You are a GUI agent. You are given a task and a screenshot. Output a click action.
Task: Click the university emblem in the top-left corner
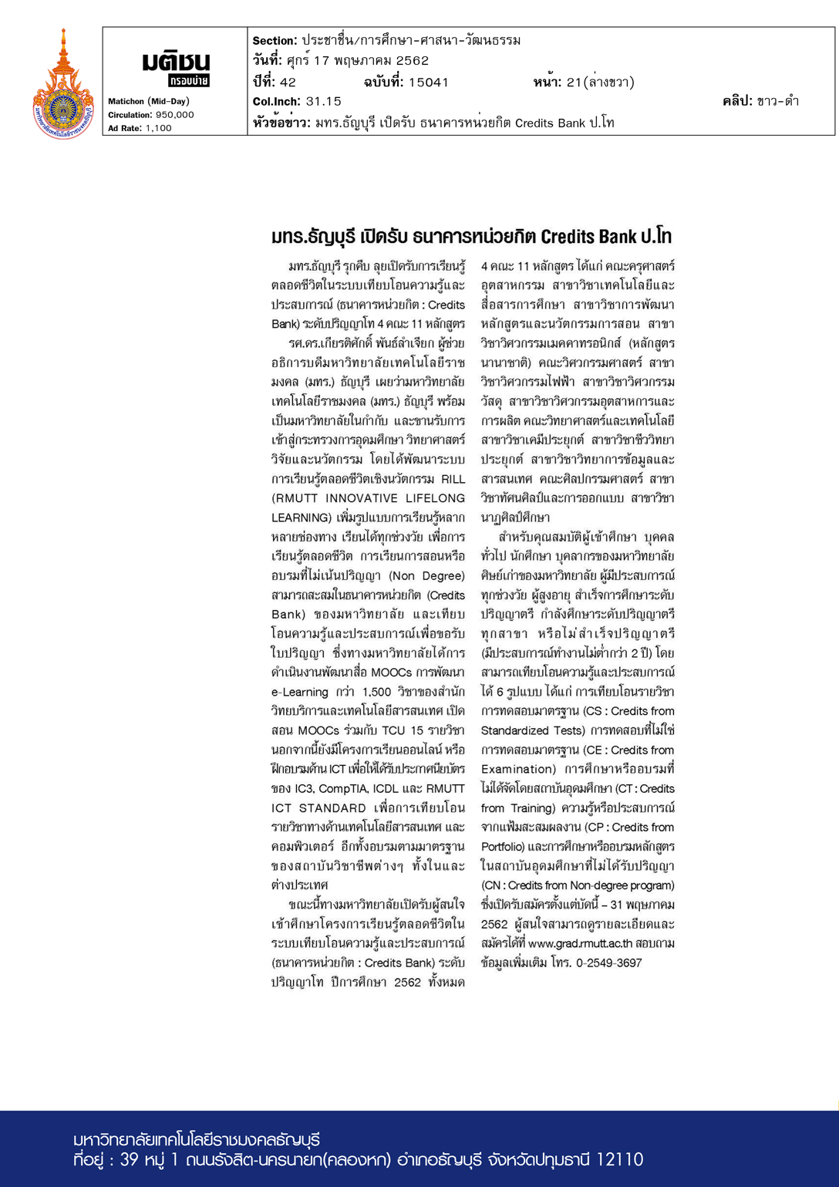[x=63, y=85]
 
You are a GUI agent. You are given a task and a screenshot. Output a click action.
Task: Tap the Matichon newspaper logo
[x=176, y=68]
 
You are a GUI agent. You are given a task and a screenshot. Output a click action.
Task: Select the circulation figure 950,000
[x=175, y=115]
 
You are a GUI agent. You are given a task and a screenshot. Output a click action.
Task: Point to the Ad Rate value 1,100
[x=159, y=128]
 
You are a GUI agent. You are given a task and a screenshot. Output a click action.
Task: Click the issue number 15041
[x=429, y=82]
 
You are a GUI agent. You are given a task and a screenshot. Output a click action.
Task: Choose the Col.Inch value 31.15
[x=324, y=101]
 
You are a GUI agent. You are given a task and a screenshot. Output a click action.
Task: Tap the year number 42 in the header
[x=288, y=82]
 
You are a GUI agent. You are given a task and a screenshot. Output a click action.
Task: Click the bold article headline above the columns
[x=471, y=236]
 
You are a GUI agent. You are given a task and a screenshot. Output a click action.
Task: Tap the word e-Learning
[x=300, y=692]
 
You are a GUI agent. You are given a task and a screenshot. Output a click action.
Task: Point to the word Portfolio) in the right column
[x=507, y=846]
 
